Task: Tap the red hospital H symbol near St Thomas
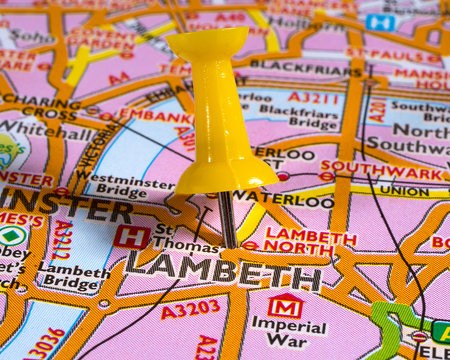pos(131,237)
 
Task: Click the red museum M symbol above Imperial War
pos(286,305)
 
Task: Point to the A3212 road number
pos(61,241)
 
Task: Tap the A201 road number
pos(377,111)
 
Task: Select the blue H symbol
pos(380,22)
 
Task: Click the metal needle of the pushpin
pos(227,219)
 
